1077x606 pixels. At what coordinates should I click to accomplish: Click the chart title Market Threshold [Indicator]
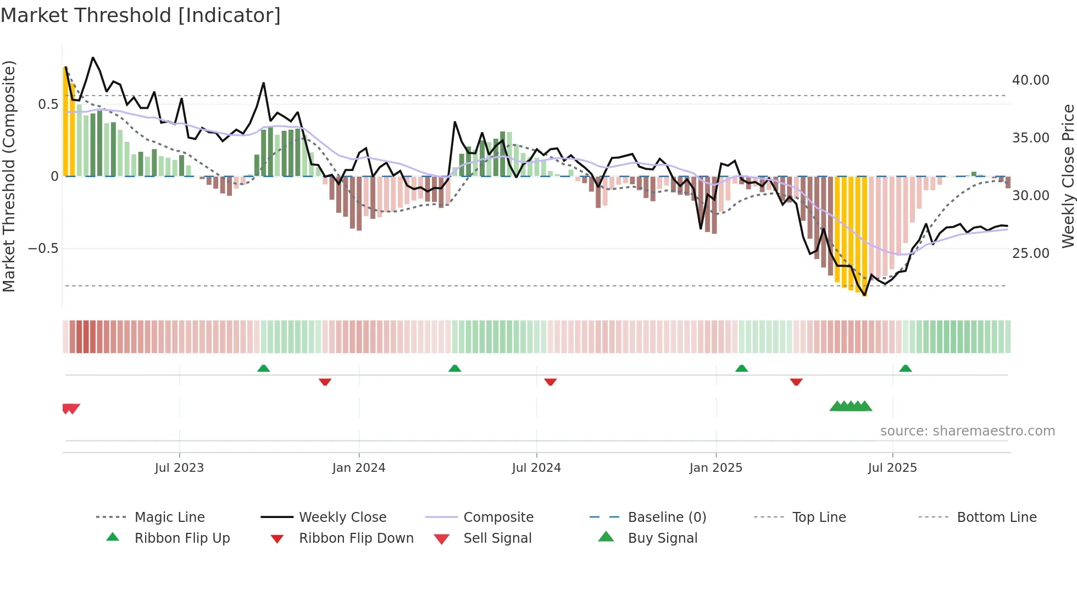[141, 15]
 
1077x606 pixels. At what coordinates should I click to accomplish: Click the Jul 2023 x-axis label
[179, 468]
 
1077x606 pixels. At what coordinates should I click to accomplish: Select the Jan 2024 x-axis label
[359, 468]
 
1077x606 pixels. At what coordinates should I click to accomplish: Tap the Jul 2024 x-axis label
[536, 468]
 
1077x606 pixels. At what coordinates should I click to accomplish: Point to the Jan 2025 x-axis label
[716, 468]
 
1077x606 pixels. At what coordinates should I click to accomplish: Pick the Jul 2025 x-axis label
[892, 468]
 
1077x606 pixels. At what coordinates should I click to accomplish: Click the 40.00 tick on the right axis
[1030, 80]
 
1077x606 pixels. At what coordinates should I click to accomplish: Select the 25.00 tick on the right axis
[1030, 254]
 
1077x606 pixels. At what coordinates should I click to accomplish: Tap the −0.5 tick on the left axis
[43, 249]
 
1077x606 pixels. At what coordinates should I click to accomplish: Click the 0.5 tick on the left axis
[48, 104]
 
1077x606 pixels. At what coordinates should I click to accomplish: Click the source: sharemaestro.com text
[967, 431]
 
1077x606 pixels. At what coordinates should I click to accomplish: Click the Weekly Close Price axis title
[1068, 176]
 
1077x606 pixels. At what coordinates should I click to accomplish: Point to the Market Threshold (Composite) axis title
[9, 176]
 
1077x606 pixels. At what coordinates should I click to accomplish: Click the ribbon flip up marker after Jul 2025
[906, 368]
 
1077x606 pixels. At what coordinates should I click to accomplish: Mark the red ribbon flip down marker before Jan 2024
[325, 382]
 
